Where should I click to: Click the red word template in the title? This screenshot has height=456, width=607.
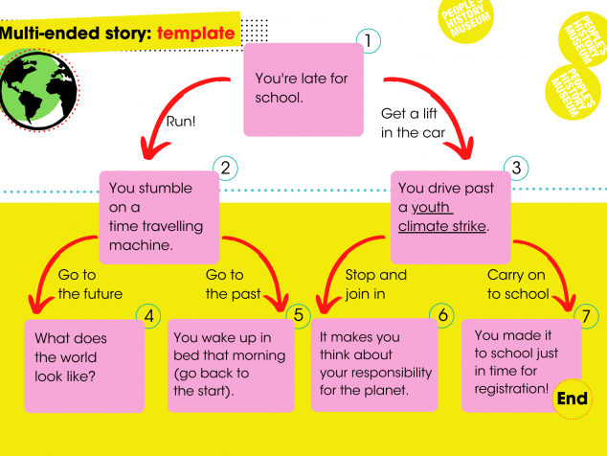tap(196, 34)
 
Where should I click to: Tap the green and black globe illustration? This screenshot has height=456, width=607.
tap(38, 90)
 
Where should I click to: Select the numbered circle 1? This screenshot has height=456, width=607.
tap(369, 40)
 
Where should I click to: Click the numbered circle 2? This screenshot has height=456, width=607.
tap(225, 169)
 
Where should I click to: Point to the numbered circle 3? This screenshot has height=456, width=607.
tap(516, 169)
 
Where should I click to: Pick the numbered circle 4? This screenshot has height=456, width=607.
tap(148, 316)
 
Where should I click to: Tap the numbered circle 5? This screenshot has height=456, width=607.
tap(298, 315)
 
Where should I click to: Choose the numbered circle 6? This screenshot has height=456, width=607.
tap(442, 315)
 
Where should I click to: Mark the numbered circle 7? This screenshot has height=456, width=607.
tap(586, 316)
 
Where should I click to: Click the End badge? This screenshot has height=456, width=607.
tap(573, 399)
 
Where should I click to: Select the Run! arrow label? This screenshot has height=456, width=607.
tap(181, 122)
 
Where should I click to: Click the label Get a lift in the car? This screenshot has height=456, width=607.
tap(413, 123)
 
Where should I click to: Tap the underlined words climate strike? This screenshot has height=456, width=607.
tap(442, 226)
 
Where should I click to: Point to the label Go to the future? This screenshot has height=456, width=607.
tap(90, 285)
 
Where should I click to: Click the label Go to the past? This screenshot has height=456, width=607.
tap(233, 285)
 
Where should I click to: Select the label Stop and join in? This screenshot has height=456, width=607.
tap(376, 285)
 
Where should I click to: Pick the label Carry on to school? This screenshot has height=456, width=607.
tap(518, 285)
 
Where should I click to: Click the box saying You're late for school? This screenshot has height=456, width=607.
tap(303, 89)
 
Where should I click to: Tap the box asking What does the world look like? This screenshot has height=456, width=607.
tap(84, 366)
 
